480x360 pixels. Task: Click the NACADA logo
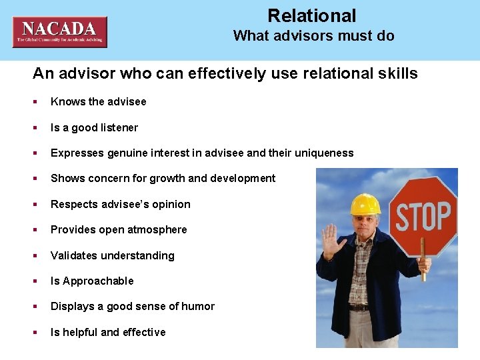tap(59, 31)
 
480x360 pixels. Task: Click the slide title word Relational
tap(312, 16)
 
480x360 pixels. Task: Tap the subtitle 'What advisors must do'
tap(313, 36)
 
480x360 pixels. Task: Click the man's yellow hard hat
tap(365, 204)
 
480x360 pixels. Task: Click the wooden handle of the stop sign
tap(423, 267)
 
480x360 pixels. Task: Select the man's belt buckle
tap(361, 307)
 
